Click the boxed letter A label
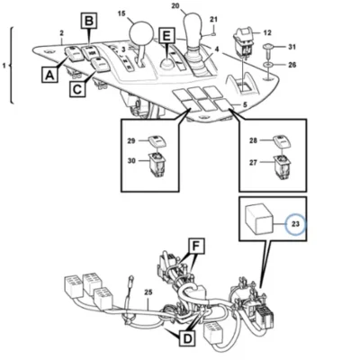(49, 75)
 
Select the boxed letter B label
(89, 21)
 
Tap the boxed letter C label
(77, 89)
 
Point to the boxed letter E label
(166, 36)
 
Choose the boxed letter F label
(195, 247)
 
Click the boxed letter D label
(187, 339)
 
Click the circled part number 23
(295, 224)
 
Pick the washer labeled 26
(267, 65)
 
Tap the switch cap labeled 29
(157, 142)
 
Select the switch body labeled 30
(157, 164)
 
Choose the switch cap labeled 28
(282, 141)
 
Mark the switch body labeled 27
(282, 166)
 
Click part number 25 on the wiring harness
(148, 292)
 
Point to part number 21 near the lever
(213, 20)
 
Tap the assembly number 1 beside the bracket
(4, 65)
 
